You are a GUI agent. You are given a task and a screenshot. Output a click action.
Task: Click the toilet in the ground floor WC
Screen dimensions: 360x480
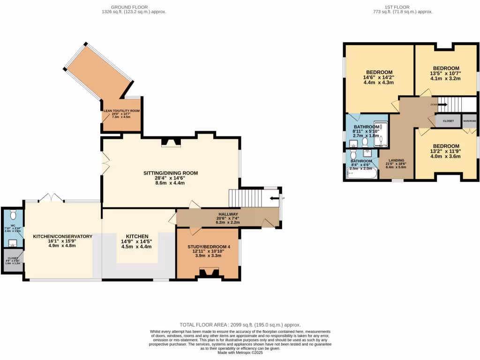click(x=13, y=215)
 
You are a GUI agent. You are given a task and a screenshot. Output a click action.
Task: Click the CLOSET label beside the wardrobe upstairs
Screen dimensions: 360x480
click(x=448, y=121)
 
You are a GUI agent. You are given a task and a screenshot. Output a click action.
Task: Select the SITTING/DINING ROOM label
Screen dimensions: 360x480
click(x=171, y=173)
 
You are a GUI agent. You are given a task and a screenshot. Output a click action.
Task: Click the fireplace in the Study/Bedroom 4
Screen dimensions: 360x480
click(x=207, y=273)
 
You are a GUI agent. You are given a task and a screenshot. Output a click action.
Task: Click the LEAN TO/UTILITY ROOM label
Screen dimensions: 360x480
click(x=121, y=111)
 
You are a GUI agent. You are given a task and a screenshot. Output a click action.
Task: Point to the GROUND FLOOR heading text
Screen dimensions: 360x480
click(x=129, y=7)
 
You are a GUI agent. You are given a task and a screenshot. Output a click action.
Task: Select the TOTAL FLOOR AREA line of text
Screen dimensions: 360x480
click(x=240, y=325)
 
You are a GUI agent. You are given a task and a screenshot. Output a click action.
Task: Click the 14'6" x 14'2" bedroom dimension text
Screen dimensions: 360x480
click(x=379, y=77)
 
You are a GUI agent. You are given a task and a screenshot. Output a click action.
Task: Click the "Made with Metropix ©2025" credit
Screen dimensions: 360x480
click(x=240, y=352)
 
